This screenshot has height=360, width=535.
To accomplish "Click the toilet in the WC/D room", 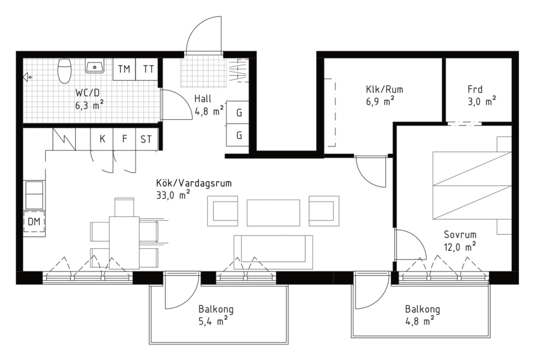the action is coord(64,71).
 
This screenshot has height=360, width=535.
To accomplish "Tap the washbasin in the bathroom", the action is coord(95,67).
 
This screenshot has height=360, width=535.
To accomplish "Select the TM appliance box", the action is coord(124,69).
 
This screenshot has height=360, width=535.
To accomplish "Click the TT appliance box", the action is coord(147,69).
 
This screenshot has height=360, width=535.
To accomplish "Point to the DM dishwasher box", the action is coord(34,222).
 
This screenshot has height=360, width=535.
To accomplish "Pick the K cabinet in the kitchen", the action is coord(102,139).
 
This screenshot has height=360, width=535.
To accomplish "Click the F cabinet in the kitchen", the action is coord(124,139).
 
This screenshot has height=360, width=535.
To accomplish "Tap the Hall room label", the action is coord(203,99).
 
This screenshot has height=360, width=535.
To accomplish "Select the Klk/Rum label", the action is coord(385,90).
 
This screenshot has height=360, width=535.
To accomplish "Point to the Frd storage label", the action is coord(475,89).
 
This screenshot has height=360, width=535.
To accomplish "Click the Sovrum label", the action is coord(460,235).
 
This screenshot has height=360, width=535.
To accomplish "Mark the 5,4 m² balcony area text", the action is coord(213,321).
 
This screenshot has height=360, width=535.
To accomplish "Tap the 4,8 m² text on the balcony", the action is coord(420,321).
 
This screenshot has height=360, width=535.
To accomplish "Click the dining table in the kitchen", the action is coord(124,243).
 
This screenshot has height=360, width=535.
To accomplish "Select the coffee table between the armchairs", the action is coord(273,213).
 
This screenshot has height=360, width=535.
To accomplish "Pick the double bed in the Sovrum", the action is coord(472,185).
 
